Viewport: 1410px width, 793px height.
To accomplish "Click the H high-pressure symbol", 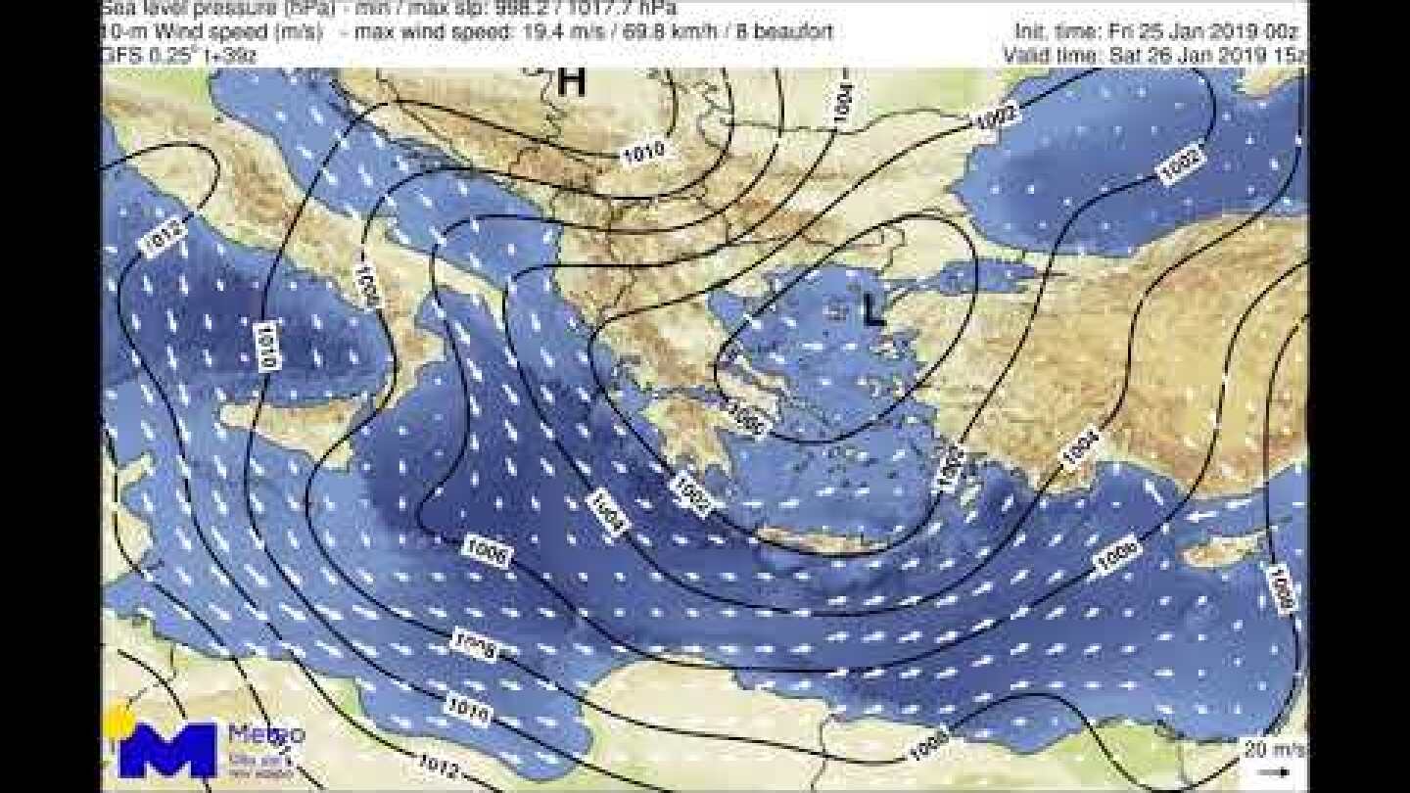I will tap(571, 82).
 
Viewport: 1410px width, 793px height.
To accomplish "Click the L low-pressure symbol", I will tap(872, 311).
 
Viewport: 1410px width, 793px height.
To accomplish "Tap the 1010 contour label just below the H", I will tap(643, 151).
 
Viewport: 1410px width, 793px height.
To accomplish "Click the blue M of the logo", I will tap(167, 751).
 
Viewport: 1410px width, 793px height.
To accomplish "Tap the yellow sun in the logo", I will tap(120, 722).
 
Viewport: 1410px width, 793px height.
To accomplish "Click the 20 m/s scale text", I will tap(1273, 750).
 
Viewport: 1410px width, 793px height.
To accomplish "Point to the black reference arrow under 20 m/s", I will tap(1273, 770).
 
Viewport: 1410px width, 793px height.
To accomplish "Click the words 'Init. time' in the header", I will tap(1054, 31).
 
